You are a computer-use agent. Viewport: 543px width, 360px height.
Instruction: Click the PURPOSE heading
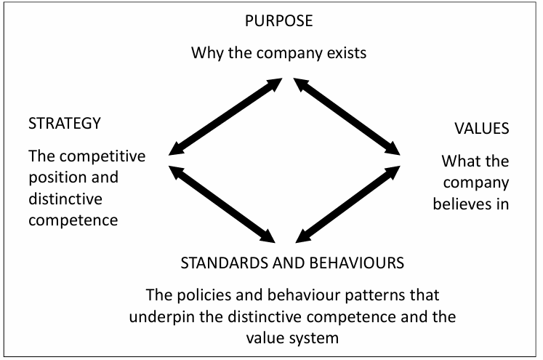279,20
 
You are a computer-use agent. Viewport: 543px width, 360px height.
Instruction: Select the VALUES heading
481,128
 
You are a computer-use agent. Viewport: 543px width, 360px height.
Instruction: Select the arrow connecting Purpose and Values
347,117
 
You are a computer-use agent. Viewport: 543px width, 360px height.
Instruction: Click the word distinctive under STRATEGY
65,198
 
